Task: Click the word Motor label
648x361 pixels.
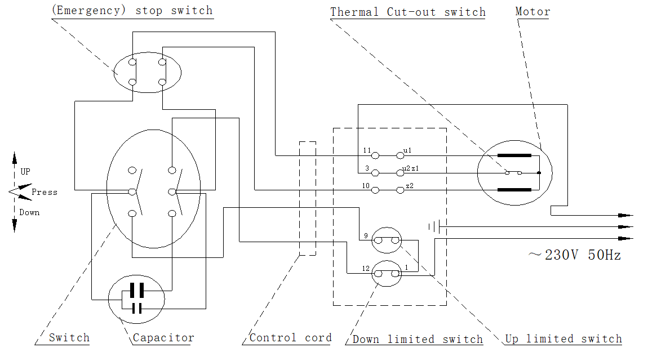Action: pyautogui.click(x=532, y=11)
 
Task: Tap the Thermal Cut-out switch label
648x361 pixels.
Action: pyautogui.click(x=407, y=12)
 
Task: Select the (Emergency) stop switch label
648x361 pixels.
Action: pyautogui.click(x=132, y=10)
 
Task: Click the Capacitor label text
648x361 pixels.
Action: pyautogui.click(x=163, y=338)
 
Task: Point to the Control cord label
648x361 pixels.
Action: pyautogui.click(x=290, y=338)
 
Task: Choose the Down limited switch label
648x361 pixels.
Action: pyautogui.click(x=418, y=339)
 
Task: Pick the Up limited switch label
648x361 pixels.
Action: pyautogui.click(x=563, y=338)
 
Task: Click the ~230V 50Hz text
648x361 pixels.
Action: pyautogui.click(x=574, y=255)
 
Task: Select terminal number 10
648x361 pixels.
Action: pyautogui.click(x=366, y=186)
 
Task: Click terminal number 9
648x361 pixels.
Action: pyautogui.click(x=366, y=235)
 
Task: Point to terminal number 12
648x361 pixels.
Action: pyautogui.click(x=366, y=269)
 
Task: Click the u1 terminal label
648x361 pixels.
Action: pyautogui.click(x=407, y=151)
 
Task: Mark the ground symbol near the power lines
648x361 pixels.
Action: pyautogui.click(x=433, y=227)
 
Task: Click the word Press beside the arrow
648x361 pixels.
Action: pyautogui.click(x=45, y=192)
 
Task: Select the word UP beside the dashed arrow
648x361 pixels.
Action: pyautogui.click(x=25, y=172)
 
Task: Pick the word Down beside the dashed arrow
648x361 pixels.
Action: pyautogui.click(x=29, y=212)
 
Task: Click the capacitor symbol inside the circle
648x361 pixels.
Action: pyautogui.click(x=136, y=298)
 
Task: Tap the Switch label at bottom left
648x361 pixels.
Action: pyautogui.click(x=69, y=338)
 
